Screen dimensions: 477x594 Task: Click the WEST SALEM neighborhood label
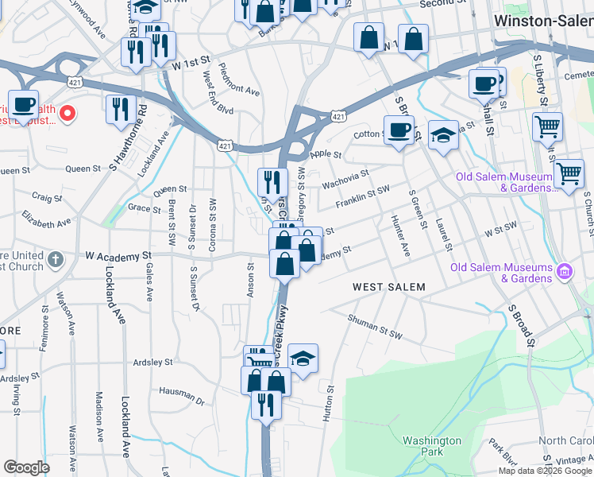389,286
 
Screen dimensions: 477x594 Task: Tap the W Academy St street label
118,256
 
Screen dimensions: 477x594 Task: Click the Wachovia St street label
345,180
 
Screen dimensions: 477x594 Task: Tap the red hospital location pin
67,113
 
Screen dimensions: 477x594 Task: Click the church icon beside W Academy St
55,259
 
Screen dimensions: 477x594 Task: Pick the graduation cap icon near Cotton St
443,135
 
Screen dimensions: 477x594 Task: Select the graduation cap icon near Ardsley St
303,359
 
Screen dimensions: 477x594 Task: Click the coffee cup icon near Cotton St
399,130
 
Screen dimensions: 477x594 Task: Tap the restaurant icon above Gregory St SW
272,182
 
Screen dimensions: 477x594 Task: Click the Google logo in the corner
26,467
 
